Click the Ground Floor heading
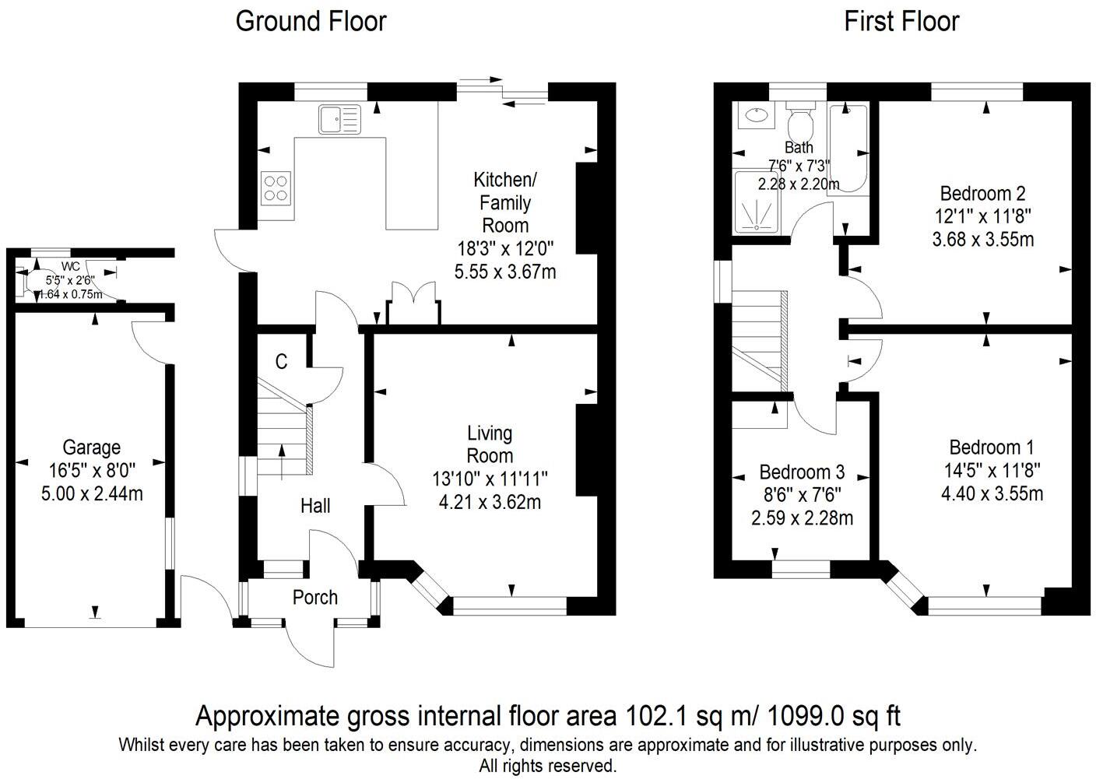(x=311, y=21)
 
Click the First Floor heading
(x=901, y=21)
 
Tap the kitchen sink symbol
(x=339, y=119)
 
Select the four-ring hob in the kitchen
(x=276, y=187)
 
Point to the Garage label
(x=92, y=447)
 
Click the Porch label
(x=315, y=597)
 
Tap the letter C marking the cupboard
(x=282, y=362)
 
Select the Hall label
(x=315, y=506)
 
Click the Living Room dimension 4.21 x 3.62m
(x=490, y=502)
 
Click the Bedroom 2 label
(x=982, y=193)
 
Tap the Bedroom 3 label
(x=802, y=472)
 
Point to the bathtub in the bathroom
(x=848, y=148)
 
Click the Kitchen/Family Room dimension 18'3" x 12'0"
(x=505, y=249)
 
